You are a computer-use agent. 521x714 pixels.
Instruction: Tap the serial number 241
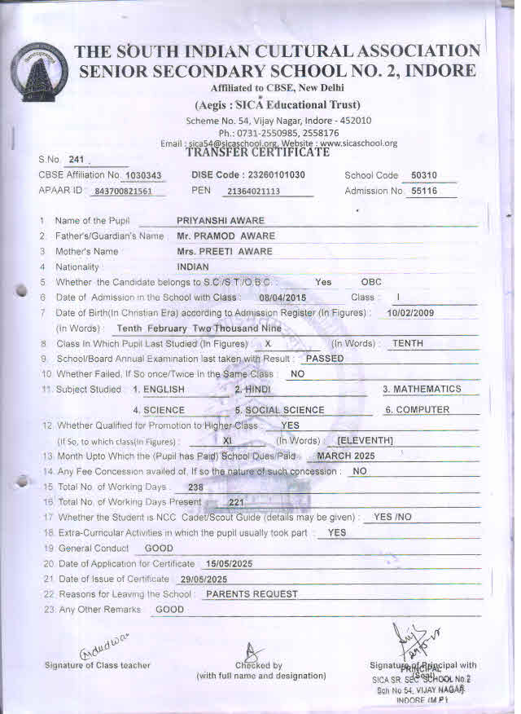click(x=77, y=160)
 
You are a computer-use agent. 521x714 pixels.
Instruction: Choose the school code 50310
click(x=424, y=175)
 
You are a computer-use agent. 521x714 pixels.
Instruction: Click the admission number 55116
click(x=424, y=192)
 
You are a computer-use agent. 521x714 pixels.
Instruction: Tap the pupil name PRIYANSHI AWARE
click(x=221, y=221)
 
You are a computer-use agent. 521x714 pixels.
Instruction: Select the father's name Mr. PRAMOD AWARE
click(x=225, y=236)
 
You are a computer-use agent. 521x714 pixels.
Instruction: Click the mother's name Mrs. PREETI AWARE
click(x=225, y=251)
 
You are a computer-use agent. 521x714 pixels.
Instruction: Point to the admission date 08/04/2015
click(x=277, y=297)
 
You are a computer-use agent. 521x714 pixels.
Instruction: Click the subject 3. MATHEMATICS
click(x=422, y=390)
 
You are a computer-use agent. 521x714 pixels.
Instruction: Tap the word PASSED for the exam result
click(x=324, y=359)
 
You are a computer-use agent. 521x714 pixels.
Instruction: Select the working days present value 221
click(x=236, y=502)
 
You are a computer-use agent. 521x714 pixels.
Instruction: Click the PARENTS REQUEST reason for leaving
click(x=252, y=594)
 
